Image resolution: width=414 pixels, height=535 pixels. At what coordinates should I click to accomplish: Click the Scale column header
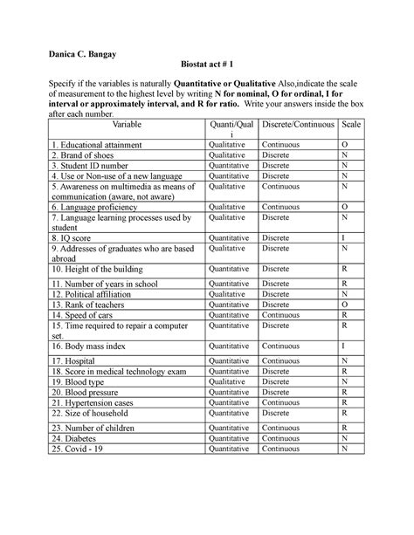click(349, 125)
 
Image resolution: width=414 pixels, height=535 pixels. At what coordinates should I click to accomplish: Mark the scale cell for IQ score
click(345, 237)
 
